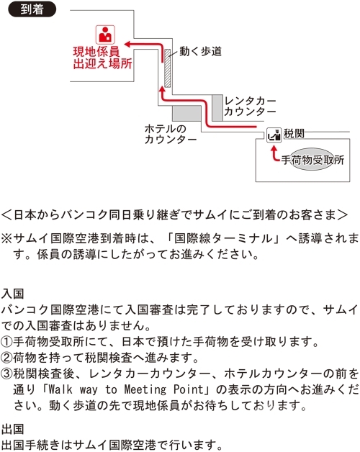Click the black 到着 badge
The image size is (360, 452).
pos(32,9)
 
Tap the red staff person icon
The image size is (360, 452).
pos(105,35)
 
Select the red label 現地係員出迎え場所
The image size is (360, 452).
pos(102,58)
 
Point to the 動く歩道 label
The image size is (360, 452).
pos(200,51)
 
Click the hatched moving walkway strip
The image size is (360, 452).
pos(167,68)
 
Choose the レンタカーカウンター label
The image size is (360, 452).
pos(250,107)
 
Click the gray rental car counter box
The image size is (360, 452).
pos(217,108)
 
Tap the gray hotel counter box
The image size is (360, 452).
pos(187,113)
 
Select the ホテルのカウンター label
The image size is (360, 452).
pos(171,135)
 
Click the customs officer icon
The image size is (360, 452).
pos(274,135)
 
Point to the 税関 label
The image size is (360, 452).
pos(294,133)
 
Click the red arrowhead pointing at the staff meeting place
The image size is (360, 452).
pos(127,44)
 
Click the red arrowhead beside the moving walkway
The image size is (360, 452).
pos(163,90)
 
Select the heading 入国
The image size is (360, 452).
pos(12,294)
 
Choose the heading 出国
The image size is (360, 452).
pos(12,429)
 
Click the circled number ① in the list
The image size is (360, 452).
pos(6,342)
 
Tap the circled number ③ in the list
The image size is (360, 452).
pos(6,374)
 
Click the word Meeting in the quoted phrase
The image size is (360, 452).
pos(145,389)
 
